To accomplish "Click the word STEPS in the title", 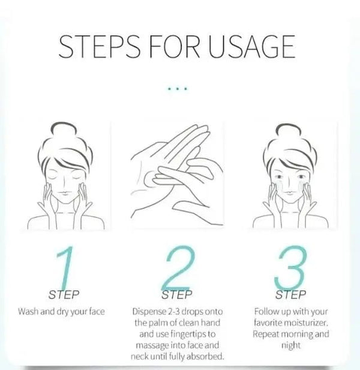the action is coord(99,46).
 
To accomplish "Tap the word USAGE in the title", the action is coord(252,46).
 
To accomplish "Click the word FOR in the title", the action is coord(175,46).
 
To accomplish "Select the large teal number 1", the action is coord(65,267).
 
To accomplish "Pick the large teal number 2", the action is coord(179,267).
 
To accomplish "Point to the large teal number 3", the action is coord(290,268).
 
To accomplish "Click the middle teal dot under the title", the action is coord(178,89).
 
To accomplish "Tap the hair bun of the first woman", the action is coord(63,129).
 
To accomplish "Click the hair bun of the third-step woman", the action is coord(289,130).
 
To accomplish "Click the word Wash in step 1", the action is coord(28,311).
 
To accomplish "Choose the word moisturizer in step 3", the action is coord(306,323).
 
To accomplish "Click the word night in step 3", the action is coord(291,346).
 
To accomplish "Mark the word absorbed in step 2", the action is coord(205,356).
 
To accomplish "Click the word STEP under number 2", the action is coord(177,295).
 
